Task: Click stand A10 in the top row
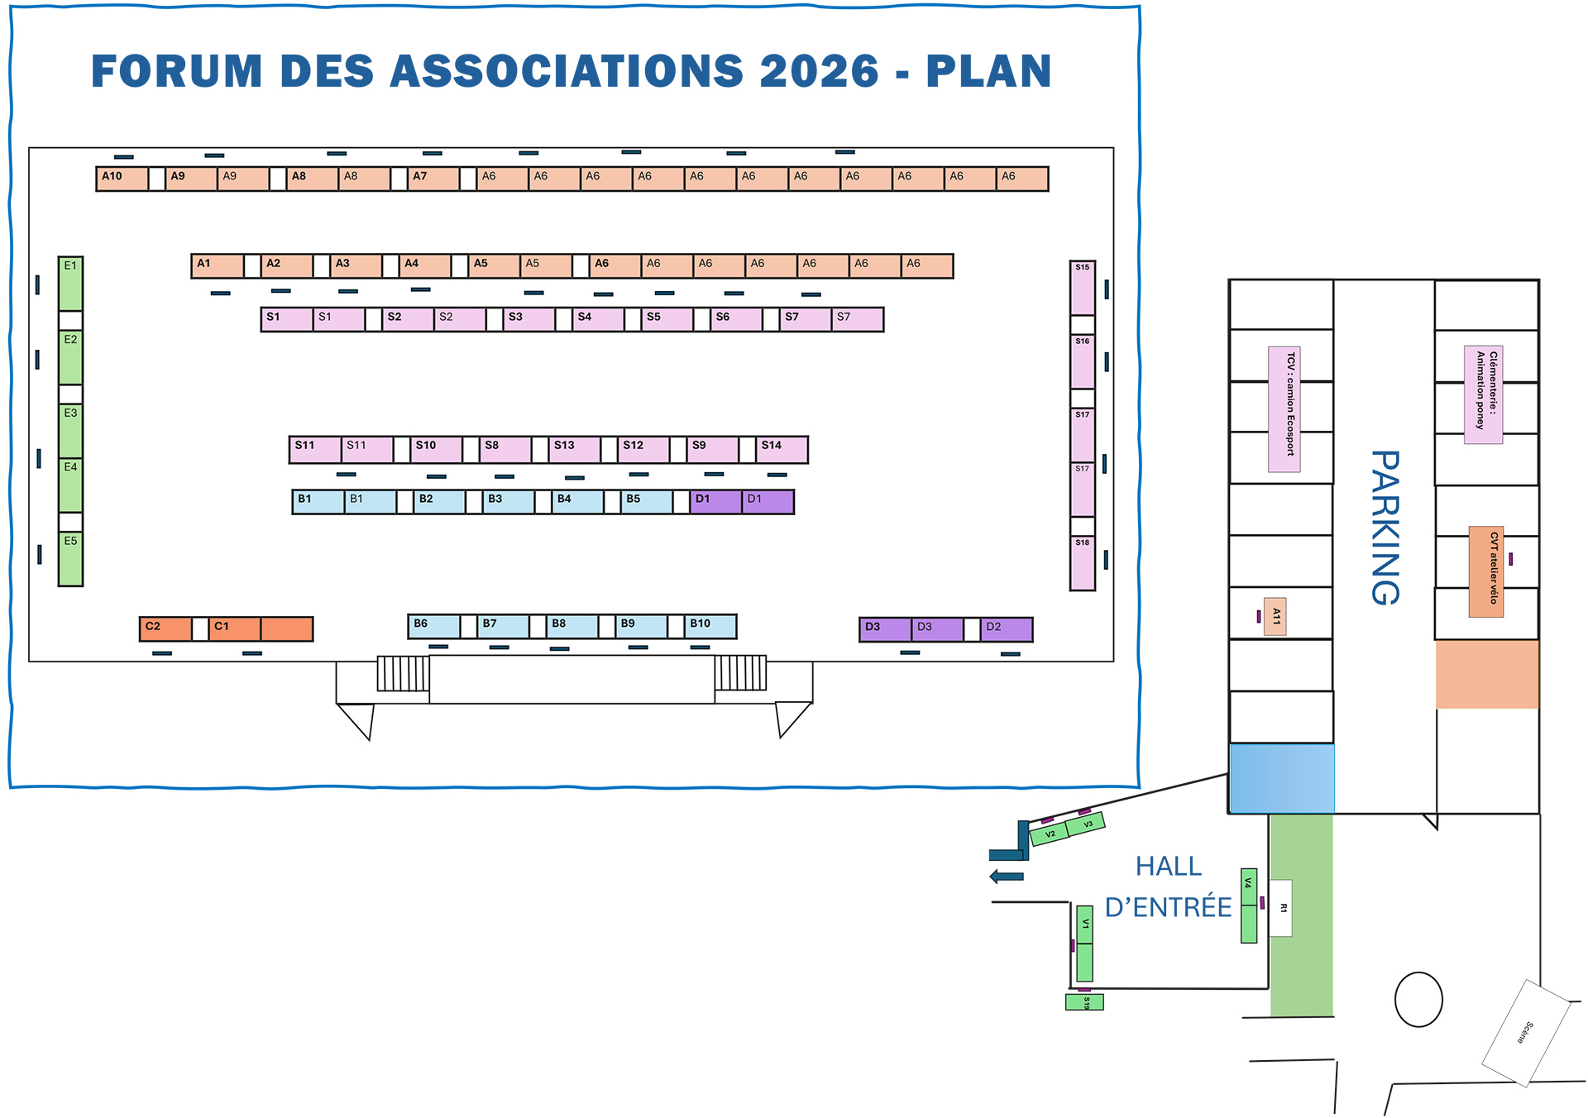122,179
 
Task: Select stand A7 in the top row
433,179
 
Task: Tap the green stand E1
70,284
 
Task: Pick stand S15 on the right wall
1083,288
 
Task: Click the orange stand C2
165,629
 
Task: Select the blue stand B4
577,502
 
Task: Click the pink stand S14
782,449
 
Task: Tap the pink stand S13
574,449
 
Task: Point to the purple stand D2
1007,630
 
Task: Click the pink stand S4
597,319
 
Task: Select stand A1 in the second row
218,266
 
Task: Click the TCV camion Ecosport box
1284,409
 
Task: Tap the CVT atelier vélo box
1486,571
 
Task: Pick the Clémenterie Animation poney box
1483,395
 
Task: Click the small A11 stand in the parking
1275,616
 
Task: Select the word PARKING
1385,528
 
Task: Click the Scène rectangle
1526,1033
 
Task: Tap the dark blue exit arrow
1007,877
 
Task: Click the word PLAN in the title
988,71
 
